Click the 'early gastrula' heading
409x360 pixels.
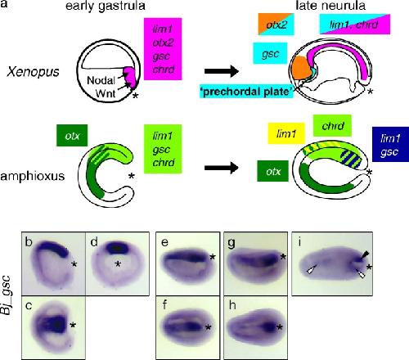point(106,6)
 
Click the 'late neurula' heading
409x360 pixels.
point(330,6)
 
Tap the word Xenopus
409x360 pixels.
point(33,72)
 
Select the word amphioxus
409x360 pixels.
point(33,176)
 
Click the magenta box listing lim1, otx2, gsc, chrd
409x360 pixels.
point(163,49)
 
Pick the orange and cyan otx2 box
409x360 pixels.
point(276,25)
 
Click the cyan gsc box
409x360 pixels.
point(270,53)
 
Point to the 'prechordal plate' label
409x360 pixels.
point(247,92)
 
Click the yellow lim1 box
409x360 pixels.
point(286,133)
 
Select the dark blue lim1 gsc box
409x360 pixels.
point(390,145)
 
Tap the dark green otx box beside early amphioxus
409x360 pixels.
point(72,135)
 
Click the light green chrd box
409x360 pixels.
point(332,126)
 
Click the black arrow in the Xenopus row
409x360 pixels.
point(222,71)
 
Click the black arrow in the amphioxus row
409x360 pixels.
point(222,168)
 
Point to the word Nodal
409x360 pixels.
point(101,80)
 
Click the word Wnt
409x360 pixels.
point(106,93)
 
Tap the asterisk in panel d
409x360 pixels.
point(118,264)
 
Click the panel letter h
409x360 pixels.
point(232,305)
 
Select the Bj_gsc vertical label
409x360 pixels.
point(7,295)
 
